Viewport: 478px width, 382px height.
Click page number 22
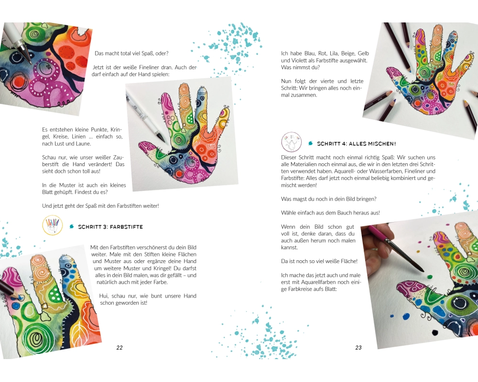pos(119,348)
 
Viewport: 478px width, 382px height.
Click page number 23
pos(358,348)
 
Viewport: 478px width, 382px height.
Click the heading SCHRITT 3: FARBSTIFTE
pos(110,227)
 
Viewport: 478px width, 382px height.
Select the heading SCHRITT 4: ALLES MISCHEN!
pos(357,144)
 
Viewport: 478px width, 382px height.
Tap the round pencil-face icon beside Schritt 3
pos(53,225)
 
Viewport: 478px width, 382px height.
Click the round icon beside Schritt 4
pos(292,142)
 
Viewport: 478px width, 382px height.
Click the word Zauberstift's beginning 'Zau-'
pos(119,158)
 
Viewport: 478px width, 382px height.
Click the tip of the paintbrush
pos(424,271)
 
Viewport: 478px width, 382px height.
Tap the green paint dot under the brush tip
pos(430,277)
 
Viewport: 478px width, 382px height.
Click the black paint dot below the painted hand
pos(436,332)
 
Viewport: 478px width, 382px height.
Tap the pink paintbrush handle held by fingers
pos(380,234)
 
